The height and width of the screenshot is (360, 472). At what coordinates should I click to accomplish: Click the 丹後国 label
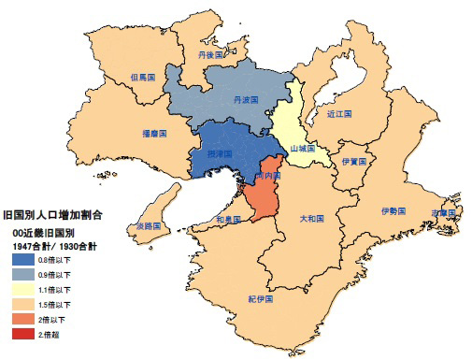(x=212, y=56)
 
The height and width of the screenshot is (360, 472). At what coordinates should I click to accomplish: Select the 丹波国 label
(x=246, y=98)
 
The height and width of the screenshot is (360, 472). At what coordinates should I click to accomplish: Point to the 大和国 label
(x=311, y=218)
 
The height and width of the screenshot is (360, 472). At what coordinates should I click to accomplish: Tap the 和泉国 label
(x=229, y=220)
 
